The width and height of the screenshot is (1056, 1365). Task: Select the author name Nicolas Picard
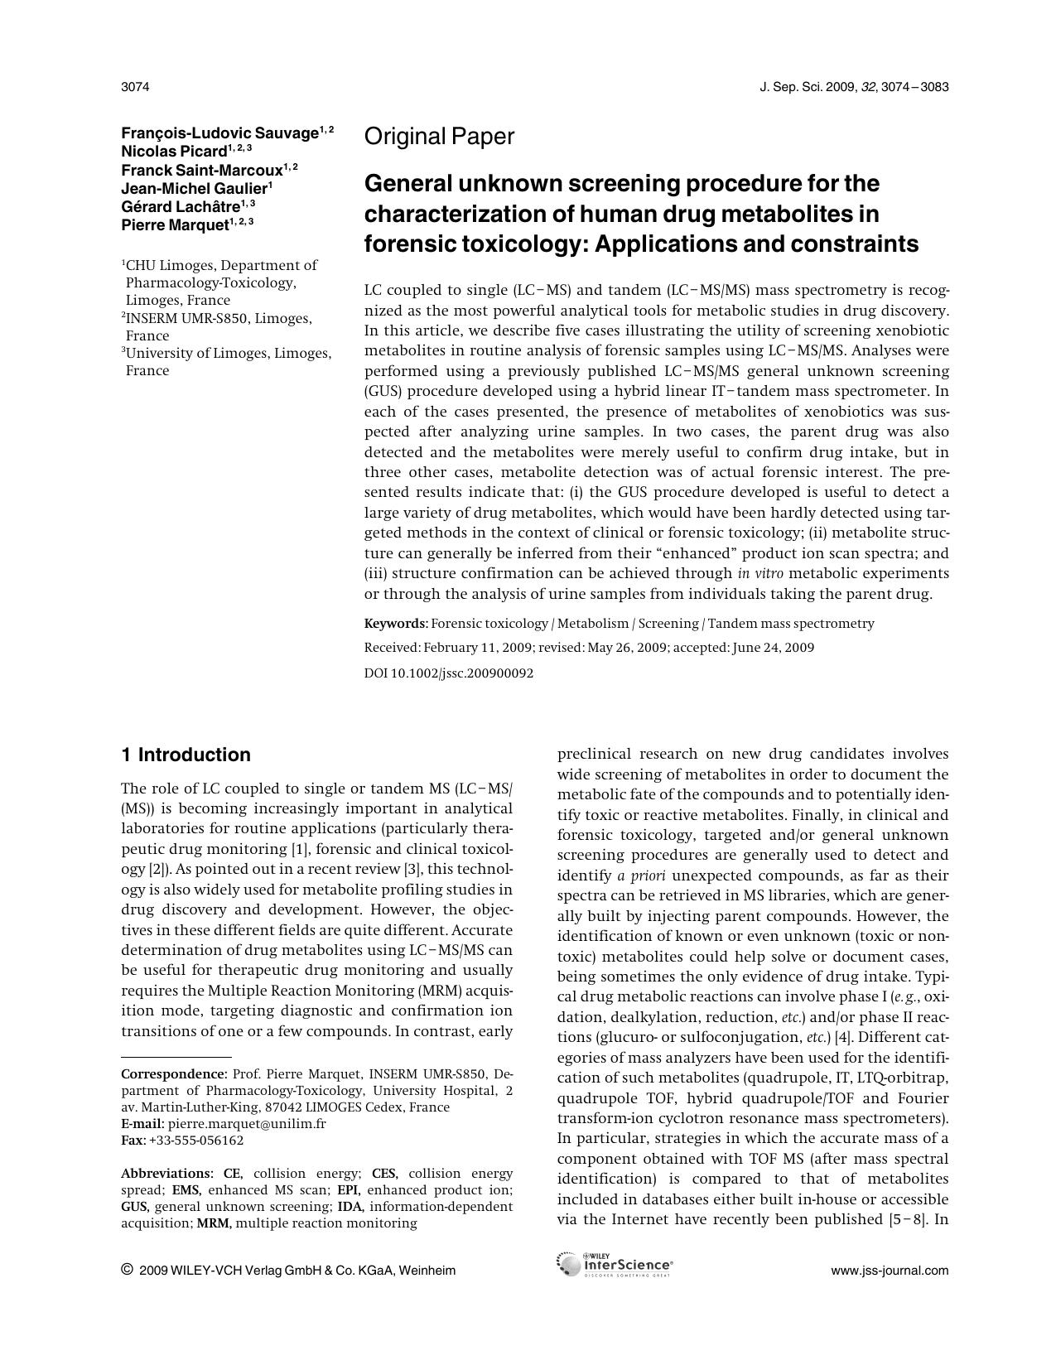tap(174, 152)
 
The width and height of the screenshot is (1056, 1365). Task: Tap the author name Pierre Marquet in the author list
tap(174, 224)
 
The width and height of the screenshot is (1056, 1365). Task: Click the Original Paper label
tap(439, 137)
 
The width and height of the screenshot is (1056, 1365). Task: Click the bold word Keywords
tap(395, 624)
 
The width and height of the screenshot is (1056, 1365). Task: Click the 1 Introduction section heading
tap(186, 755)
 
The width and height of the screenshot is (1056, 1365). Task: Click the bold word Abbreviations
tap(166, 1174)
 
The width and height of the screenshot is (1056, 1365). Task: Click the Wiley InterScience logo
tap(615, 1265)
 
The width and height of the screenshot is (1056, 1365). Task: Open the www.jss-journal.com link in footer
tap(890, 1271)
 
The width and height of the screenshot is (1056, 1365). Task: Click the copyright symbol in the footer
tap(128, 1270)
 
